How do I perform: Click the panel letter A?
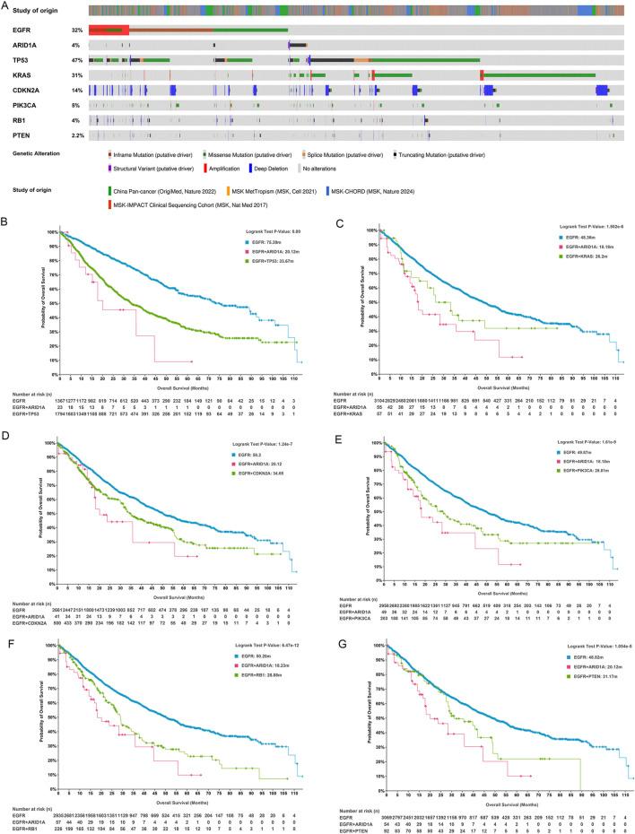5,5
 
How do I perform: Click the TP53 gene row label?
16,58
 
